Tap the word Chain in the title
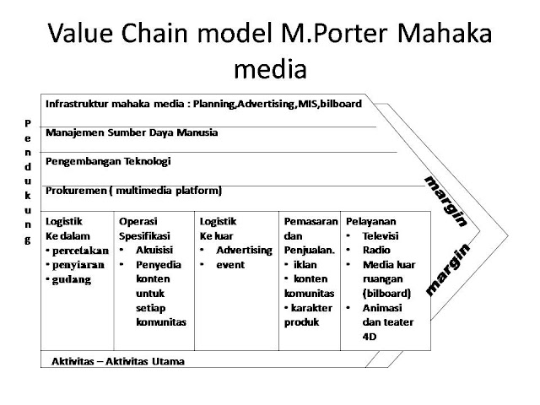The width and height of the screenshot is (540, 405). click(x=159, y=35)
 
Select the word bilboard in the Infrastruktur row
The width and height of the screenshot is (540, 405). click(x=338, y=104)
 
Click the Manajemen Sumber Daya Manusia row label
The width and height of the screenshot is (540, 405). click(x=132, y=132)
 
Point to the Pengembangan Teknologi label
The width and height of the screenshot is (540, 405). click(x=108, y=160)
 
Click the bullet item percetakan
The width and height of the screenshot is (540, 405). click(x=79, y=251)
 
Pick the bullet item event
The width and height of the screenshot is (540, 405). click(x=230, y=264)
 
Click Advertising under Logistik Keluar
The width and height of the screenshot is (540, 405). click(x=244, y=251)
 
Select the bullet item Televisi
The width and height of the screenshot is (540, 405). click(x=381, y=236)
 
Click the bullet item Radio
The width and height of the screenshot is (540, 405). click(x=376, y=251)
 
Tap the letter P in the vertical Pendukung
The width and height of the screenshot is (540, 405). click(x=28, y=122)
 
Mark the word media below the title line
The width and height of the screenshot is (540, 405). click(x=269, y=67)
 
